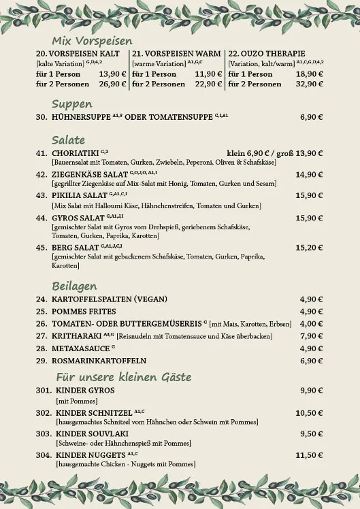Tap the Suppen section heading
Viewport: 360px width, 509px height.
point(72,104)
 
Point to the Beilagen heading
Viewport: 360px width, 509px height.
point(74,286)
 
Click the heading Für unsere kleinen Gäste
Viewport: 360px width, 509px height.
point(123,376)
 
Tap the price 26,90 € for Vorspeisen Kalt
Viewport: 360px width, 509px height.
point(113,84)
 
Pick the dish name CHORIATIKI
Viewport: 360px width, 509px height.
point(75,153)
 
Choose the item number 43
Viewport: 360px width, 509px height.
point(41,195)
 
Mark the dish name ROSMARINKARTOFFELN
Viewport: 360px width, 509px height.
point(99,360)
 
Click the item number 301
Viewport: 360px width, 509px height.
point(44,390)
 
